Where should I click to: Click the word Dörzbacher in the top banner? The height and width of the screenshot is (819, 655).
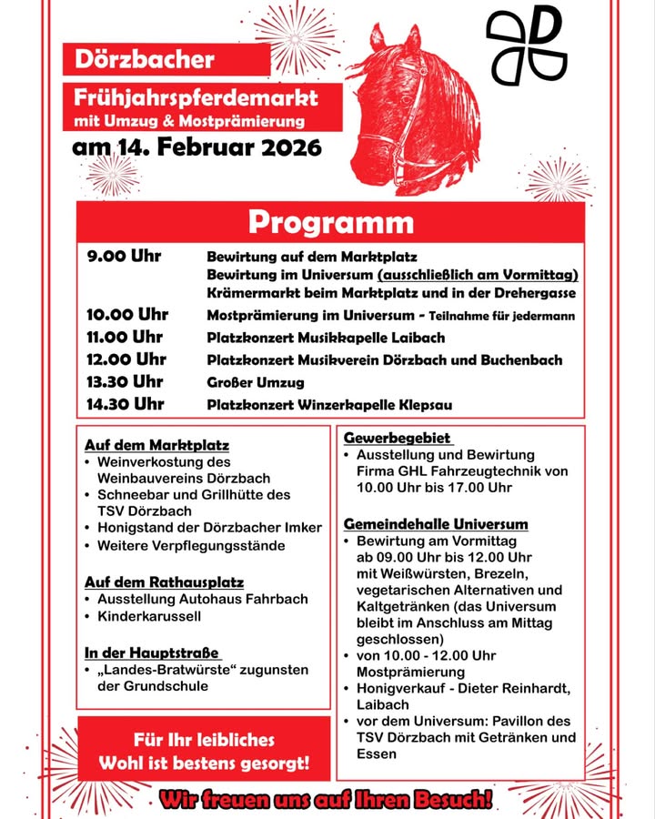click(145, 61)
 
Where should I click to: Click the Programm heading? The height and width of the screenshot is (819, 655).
click(330, 222)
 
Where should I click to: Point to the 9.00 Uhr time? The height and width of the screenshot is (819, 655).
click(124, 256)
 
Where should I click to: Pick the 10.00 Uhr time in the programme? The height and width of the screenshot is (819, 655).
click(127, 315)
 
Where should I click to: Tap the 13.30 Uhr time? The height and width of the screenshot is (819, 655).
click(125, 381)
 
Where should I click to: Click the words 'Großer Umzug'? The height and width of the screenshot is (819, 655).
click(256, 382)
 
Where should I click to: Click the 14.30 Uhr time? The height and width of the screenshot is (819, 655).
click(126, 403)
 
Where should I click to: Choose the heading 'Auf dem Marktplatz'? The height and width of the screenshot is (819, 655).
click(156, 445)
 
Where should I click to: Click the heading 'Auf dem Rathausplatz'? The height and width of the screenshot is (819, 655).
click(164, 581)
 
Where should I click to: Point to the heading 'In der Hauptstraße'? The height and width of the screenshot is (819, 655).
click(153, 652)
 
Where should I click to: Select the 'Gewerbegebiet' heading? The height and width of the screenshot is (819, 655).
click(397, 438)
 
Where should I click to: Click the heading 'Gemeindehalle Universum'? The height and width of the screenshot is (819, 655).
click(436, 524)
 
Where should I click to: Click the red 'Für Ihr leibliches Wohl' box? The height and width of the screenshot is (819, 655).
click(204, 750)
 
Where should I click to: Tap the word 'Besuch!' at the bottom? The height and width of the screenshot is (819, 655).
click(450, 801)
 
